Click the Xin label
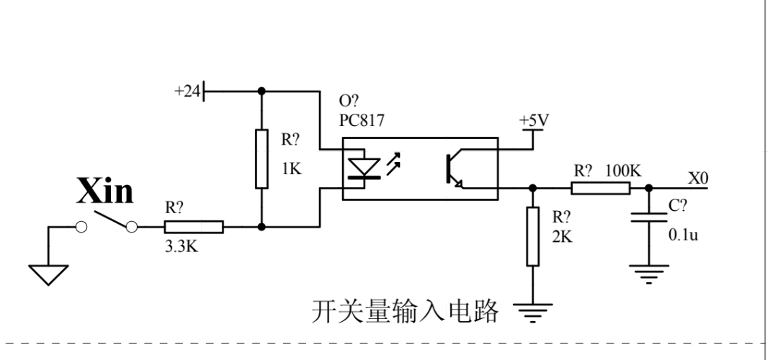click(x=105, y=191)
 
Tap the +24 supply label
click(x=187, y=91)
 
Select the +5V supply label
click(x=535, y=120)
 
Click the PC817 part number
click(x=362, y=120)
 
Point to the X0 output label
click(x=698, y=178)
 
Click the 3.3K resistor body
click(x=194, y=227)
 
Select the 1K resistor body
click(x=261, y=159)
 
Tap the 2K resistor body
click(x=533, y=237)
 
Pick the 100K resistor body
click(x=601, y=189)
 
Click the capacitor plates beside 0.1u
click(x=649, y=217)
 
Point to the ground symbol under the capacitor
click(x=649, y=274)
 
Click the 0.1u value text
click(x=683, y=235)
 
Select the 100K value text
click(x=623, y=171)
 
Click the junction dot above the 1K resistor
click(x=262, y=91)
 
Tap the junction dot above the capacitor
click(x=649, y=189)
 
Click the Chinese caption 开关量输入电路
click(x=405, y=312)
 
